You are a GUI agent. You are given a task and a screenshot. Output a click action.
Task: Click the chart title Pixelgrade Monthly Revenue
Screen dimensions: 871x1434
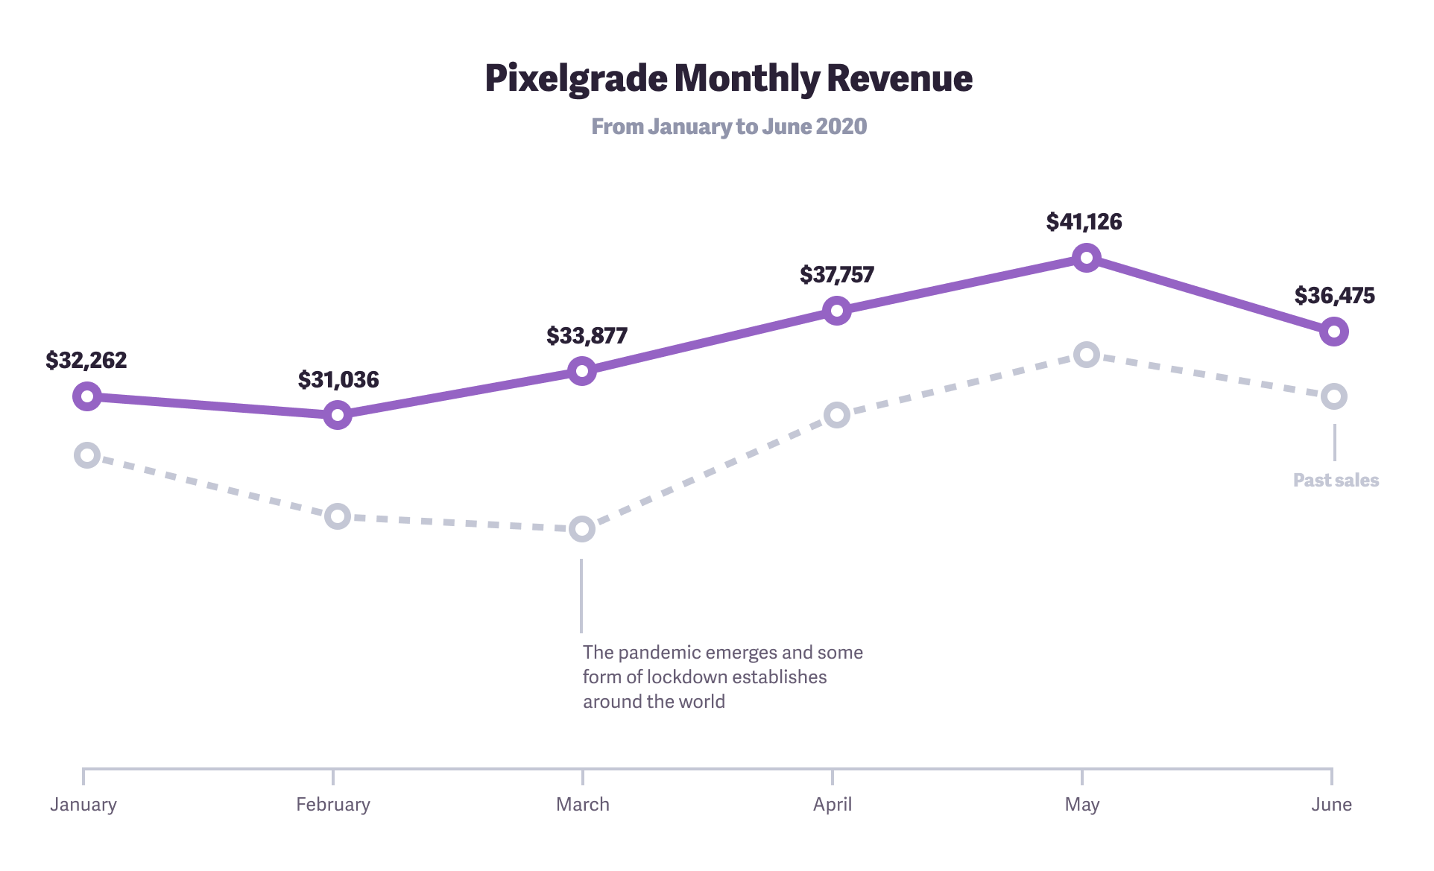(x=728, y=78)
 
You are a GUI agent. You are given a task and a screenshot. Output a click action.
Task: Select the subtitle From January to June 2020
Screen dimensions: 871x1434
(x=728, y=127)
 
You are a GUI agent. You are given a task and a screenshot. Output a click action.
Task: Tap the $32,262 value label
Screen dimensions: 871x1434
(x=86, y=361)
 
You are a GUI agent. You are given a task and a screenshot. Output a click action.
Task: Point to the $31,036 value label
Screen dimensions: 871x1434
(x=338, y=380)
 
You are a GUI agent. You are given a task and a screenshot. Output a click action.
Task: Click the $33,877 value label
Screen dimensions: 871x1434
(x=587, y=336)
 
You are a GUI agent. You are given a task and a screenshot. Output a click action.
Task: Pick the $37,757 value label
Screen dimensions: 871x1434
(x=836, y=275)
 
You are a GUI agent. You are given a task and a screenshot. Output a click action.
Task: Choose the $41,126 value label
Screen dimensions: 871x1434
(x=1084, y=222)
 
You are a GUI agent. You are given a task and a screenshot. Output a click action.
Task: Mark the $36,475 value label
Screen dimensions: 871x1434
(x=1334, y=296)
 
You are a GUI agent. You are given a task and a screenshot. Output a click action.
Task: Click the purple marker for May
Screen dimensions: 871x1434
(x=1087, y=259)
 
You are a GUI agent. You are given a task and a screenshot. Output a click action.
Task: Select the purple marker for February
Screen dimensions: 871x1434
(x=338, y=415)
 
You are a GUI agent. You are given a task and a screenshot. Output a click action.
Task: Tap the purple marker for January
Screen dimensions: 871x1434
(x=87, y=396)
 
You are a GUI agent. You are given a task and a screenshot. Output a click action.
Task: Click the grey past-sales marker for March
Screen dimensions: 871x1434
(x=582, y=530)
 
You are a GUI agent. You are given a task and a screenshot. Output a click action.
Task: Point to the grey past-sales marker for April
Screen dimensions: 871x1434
(x=837, y=415)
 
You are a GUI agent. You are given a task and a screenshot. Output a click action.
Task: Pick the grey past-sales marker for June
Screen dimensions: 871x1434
(x=1334, y=396)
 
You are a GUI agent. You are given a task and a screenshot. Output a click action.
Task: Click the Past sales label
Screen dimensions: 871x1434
(x=1336, y=481)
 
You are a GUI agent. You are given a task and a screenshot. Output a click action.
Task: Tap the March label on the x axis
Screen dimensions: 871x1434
(x=583, y=805)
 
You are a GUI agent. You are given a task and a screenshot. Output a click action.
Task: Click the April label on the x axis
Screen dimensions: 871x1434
(x=833, y=805)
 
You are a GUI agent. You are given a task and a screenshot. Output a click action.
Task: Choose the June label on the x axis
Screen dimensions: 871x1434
(x=1331, y=805)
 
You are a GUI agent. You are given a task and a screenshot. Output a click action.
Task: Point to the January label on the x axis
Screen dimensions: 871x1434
(x=83, y=805)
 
